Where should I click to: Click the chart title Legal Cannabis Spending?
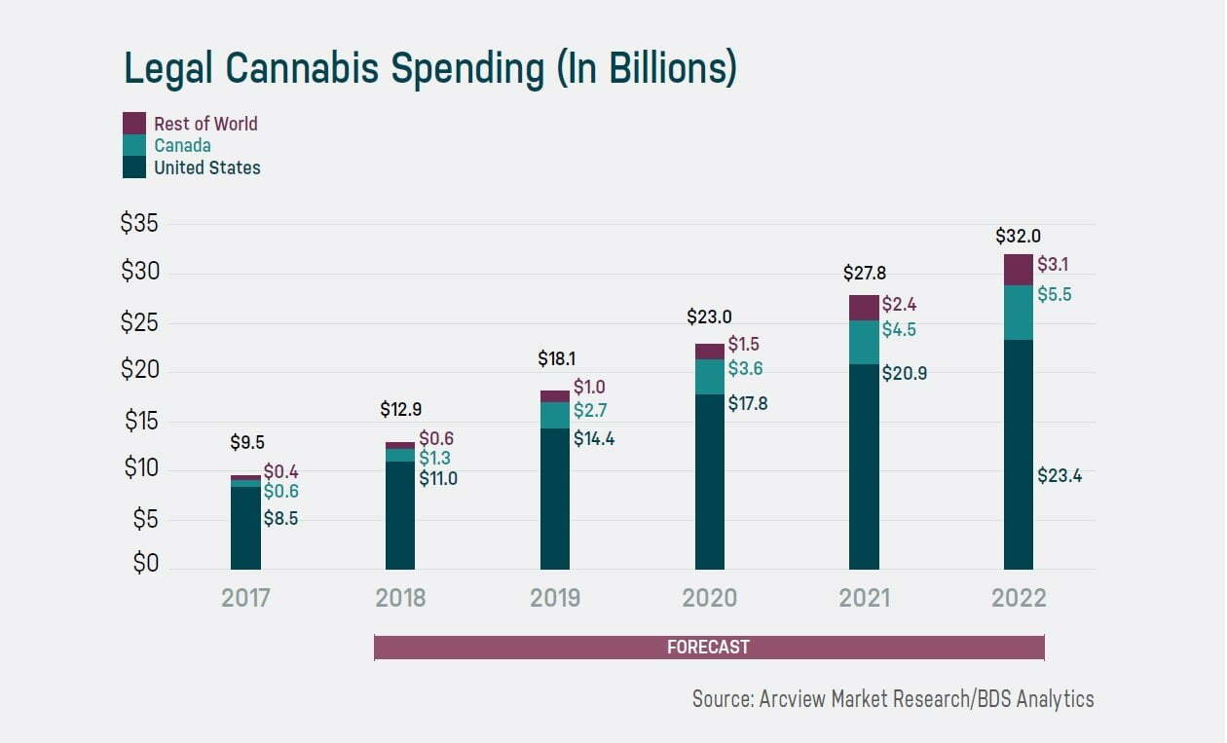point(429,69)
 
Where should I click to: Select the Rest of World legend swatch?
point(133,123)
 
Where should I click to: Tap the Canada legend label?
point(182,145)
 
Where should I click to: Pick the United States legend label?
point(207,167)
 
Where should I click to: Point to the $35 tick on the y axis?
point(139,223)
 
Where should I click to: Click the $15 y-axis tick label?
point(141,422)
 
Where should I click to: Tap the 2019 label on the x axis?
point(555,597)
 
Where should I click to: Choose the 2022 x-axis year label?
point(1019,597)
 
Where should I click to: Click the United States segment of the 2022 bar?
point(1019,454)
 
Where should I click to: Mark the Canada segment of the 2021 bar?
point(864,342)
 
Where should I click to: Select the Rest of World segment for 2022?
point(1019,270)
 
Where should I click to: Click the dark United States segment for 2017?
point(245,527)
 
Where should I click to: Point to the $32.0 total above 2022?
point(1019,236)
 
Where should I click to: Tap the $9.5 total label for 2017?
point(246,442)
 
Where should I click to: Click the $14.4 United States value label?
point(594,438)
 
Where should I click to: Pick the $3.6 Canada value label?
point(745,369)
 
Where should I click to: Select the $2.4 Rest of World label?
point(899,305)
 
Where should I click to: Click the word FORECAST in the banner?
point(708,648)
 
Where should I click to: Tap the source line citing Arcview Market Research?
point(893,698)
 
